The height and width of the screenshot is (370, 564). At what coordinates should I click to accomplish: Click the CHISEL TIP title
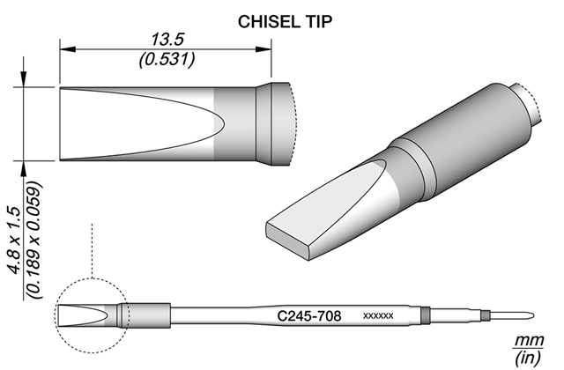coord(285,22)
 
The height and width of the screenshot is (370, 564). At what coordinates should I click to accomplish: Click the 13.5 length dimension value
coord(167,39)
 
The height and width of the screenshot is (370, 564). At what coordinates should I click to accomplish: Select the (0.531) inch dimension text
coord(167,59)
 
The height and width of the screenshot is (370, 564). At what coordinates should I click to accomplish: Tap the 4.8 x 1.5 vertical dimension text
coord(16,240)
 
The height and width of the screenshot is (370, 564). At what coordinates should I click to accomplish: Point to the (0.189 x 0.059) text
coord(35,240)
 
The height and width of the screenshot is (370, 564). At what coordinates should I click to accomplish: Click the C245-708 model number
coord(309,316)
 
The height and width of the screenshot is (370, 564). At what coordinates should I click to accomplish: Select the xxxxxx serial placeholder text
coord(378,316)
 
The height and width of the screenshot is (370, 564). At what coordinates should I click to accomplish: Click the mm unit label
coord(530,340)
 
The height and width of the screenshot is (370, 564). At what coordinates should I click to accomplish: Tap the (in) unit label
coord(528,358)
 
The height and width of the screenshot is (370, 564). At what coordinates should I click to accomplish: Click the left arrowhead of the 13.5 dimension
coord(68,49)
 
